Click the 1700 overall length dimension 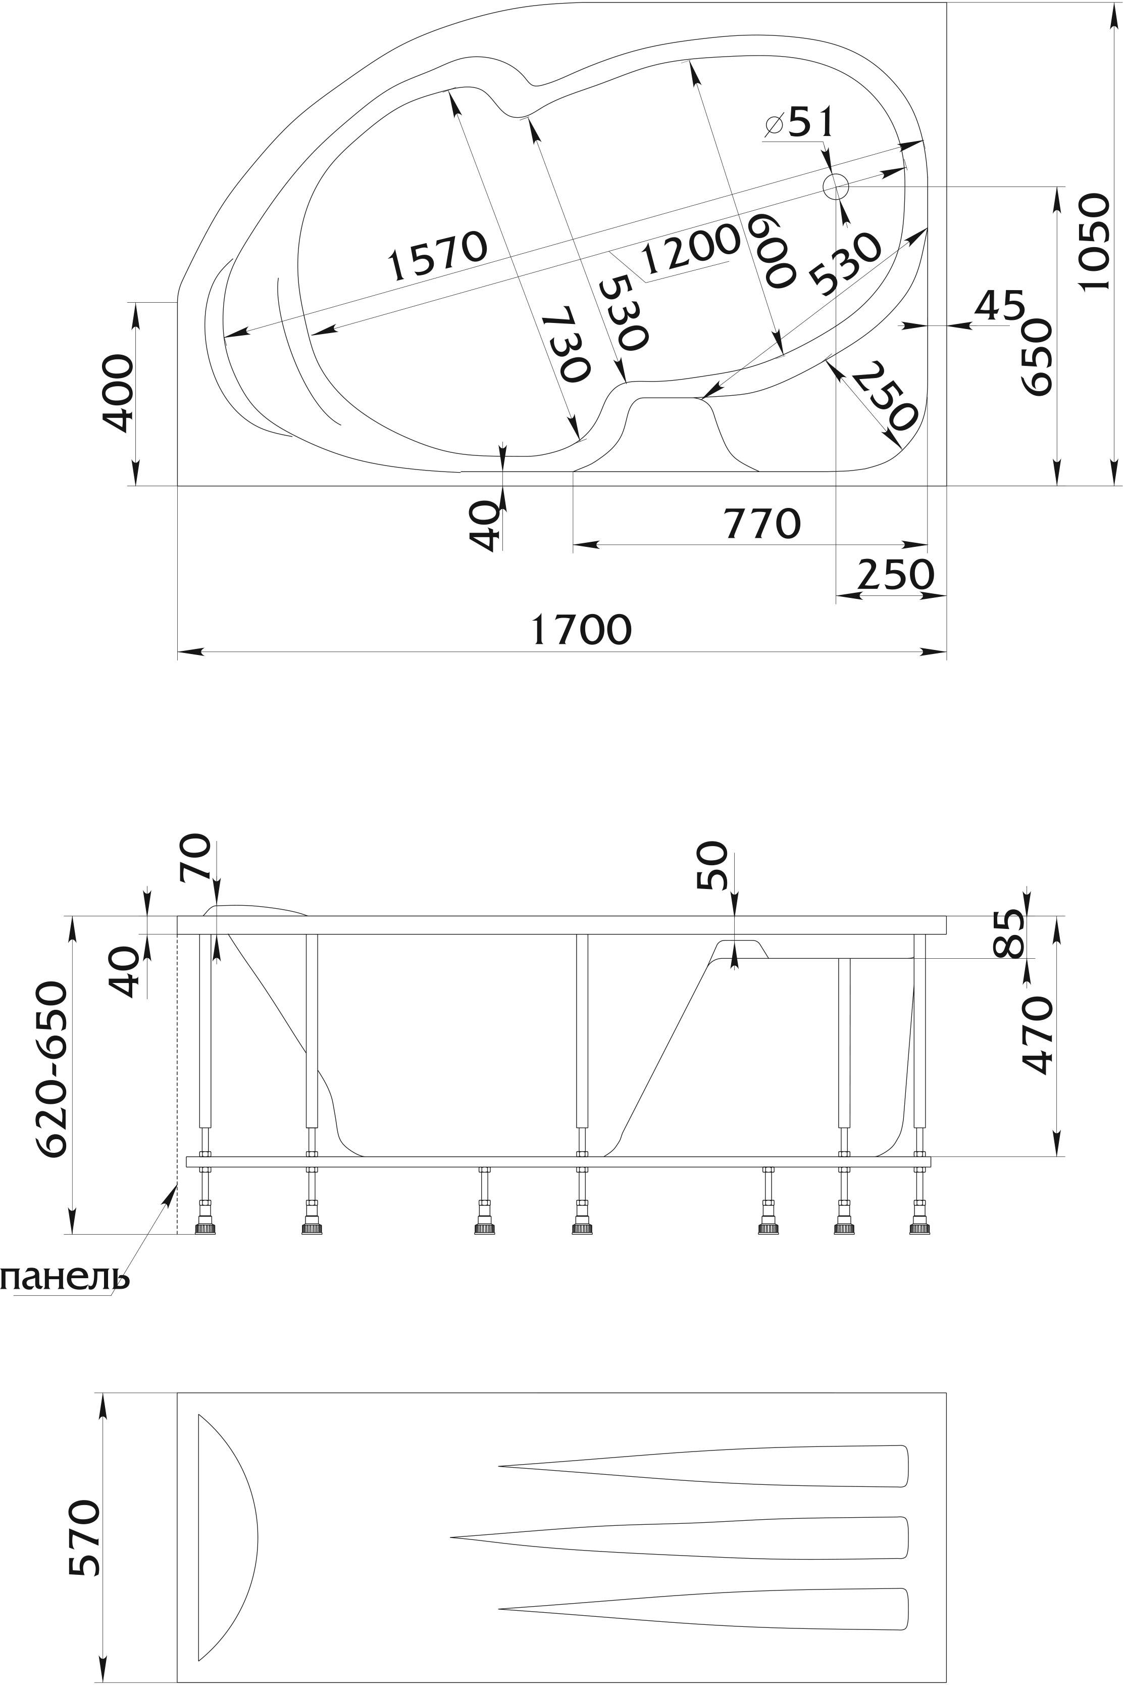[x=582, y=629]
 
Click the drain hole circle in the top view [x=836, y=186]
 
